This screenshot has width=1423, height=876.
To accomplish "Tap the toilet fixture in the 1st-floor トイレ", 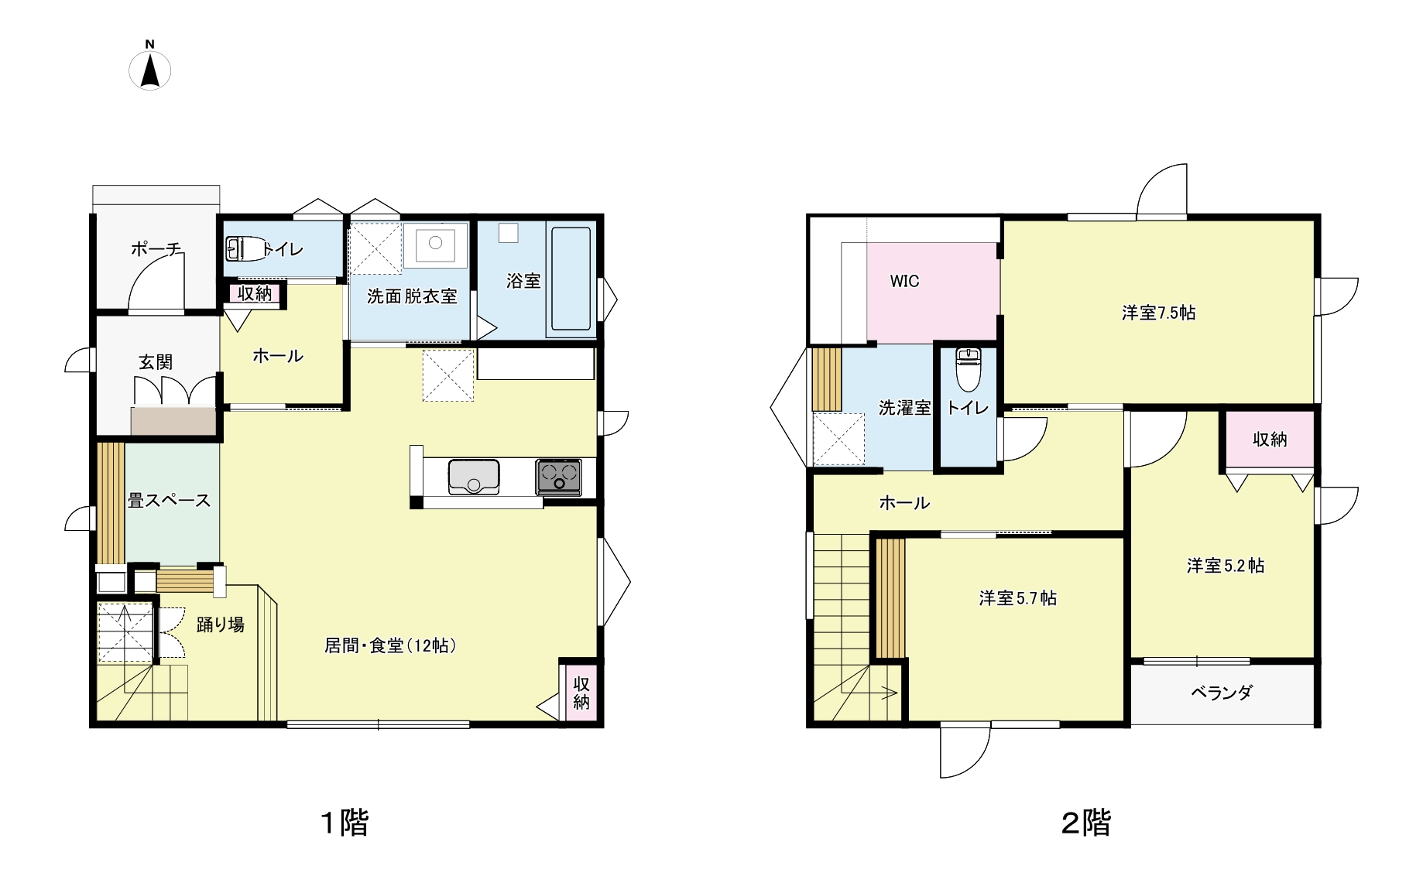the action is click(245, 248).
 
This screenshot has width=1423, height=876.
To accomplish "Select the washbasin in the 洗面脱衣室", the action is click(435, 245).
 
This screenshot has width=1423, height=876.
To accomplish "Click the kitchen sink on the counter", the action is click(474, 476).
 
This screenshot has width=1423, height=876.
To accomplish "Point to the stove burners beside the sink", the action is click(558, 476).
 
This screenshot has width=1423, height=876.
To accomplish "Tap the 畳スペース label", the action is click(170, 501).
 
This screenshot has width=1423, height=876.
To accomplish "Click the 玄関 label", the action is click(156, 362).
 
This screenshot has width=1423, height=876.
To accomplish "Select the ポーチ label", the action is click(156, 249).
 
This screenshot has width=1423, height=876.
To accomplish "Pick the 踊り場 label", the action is click(221, 625).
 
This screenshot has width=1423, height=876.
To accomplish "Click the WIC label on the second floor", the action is click(904, 281).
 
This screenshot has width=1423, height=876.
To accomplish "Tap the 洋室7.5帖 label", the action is click(1158, 313).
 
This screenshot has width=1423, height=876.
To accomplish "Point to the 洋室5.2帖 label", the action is click(1226, 566).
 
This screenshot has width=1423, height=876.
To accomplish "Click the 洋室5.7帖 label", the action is click(1017, 598).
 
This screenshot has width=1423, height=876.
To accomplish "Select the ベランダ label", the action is click(1222, 693).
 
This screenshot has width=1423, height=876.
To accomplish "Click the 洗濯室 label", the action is click(904, 408).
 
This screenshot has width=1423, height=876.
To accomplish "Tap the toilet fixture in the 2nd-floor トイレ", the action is click(968, 369).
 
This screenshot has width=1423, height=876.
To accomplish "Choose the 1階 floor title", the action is click(345, 823).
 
